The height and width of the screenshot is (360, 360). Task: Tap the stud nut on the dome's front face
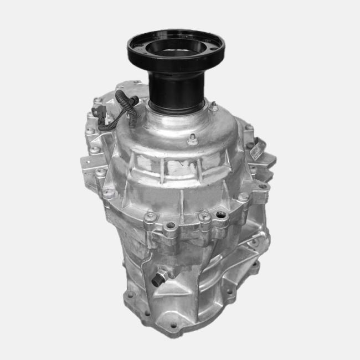tap(192, 139)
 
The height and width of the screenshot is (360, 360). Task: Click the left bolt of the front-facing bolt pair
tap(151, 217)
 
